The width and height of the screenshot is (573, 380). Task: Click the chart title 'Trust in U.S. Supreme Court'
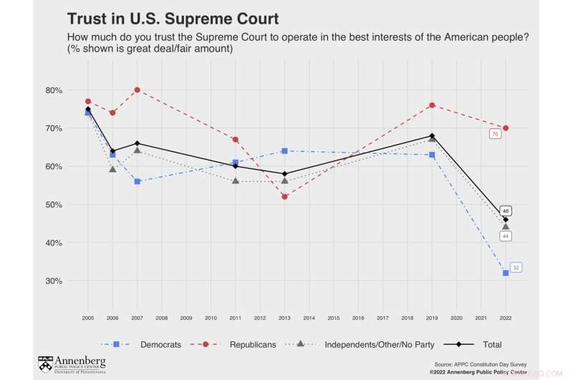173,18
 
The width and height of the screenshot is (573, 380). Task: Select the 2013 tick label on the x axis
284,317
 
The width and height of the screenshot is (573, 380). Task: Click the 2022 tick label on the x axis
506,317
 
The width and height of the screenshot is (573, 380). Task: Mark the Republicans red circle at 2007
137,90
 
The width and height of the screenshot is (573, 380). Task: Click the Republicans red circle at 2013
284,196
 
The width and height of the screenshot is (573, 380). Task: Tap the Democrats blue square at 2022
506,273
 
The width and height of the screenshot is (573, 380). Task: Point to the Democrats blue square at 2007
137,181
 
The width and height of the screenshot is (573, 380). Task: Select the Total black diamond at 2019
432,136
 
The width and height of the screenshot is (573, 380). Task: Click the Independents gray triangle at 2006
112,169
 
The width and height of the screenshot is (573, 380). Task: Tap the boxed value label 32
516,267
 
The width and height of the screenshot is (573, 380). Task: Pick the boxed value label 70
495,134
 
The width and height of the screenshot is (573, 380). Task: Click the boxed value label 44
506,236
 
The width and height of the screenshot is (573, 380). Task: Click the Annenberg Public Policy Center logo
72,364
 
